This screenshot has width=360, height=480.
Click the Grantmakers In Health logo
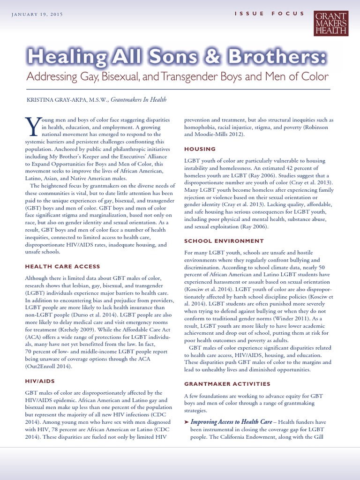(x=331, y=23)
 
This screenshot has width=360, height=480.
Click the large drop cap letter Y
(x=30, y=125)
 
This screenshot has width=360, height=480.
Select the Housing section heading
(x=200, y=149)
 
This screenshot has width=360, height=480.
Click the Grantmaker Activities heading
(x=227, y=384)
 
